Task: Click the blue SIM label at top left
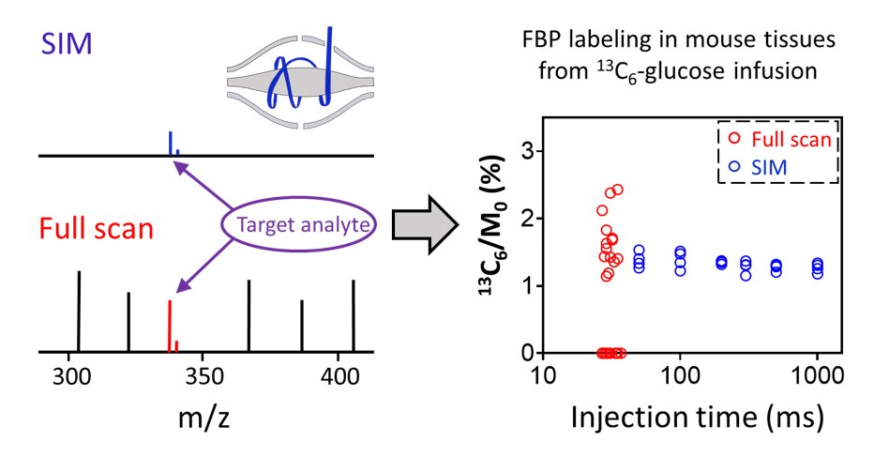66,43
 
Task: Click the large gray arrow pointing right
426,223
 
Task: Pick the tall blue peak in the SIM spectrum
170,143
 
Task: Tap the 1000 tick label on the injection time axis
816,377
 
